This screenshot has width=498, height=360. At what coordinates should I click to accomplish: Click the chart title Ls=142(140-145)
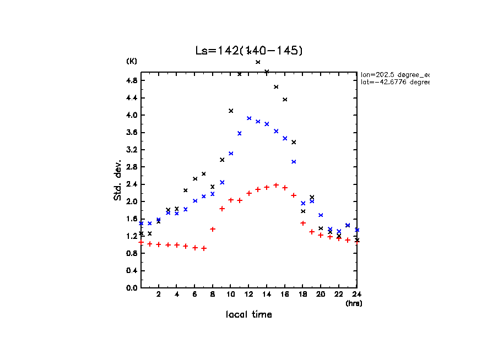(249, 50)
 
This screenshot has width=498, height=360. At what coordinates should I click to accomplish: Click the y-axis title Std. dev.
(118, 180)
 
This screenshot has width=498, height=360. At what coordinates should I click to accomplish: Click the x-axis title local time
(248, 315)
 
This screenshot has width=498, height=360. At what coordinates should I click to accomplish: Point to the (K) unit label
(132, 61)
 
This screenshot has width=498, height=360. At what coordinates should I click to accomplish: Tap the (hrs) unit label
(354, 303)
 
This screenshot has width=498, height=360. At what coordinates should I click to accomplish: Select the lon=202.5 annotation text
(394, 74)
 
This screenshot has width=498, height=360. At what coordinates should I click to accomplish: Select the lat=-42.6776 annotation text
(394, 82)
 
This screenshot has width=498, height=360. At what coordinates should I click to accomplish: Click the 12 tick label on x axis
(248, 294)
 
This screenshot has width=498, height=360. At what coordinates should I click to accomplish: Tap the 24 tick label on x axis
(356, 294)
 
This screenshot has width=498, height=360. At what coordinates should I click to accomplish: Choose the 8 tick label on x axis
(213, 294)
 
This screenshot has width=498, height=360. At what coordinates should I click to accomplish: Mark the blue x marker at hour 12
(249, 118)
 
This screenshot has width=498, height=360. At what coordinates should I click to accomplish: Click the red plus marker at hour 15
(276, 185)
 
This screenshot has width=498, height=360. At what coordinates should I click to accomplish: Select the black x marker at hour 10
(231, 111)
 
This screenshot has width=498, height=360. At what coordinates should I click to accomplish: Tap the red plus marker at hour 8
(213, 229)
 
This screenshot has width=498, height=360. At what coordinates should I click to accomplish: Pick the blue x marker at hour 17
(294, 162)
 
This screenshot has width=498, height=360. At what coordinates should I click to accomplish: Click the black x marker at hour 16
(285, 100)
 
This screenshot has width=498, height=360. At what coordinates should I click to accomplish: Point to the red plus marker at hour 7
(204, 248)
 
